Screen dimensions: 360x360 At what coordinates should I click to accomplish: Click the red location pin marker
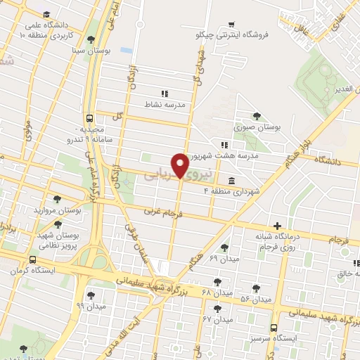[180, 165]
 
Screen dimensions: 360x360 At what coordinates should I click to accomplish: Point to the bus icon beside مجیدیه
[89, 118]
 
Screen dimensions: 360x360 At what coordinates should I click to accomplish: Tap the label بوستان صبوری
[257, 128]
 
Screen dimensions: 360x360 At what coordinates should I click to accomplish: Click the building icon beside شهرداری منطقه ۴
[231, 180]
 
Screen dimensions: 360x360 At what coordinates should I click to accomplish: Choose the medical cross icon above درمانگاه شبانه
[278, 226]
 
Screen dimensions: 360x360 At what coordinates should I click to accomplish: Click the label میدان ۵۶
[255, 300]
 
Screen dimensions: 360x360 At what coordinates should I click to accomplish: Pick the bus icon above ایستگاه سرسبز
[274, 327]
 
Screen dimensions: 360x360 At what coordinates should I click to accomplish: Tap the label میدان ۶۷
[217, 319]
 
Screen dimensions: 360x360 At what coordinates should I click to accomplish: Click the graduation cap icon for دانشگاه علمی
[46, 14]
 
